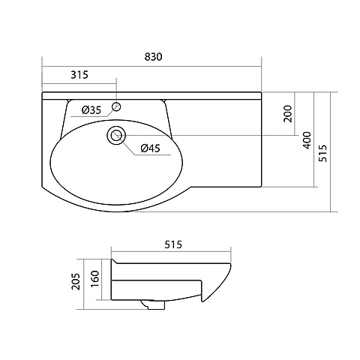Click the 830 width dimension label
click(153, 57)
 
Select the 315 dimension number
click(79, 74)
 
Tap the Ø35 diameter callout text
click(91, 109)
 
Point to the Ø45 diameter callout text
click(150, 148)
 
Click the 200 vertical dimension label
click(288, 114)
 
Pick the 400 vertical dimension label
click(307, 140)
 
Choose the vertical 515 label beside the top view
click(322, 153)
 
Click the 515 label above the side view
click(173, 244)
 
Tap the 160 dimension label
click(95, 279)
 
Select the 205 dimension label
click(76, 281)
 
